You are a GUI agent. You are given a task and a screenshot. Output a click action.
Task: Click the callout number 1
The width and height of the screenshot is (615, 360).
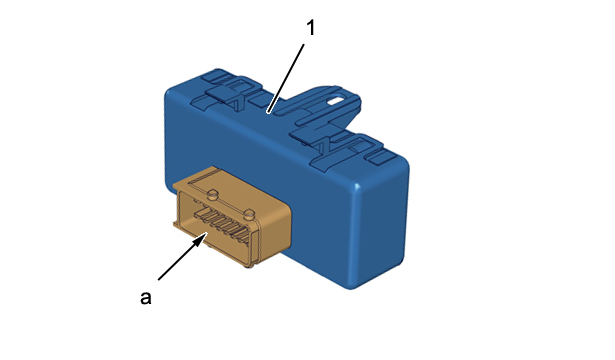(x=310, y=28)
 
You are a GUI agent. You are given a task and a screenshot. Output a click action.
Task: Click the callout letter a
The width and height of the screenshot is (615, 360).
(x=146, y=297)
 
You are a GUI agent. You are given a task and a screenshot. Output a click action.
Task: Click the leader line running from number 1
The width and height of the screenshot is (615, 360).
(x=286, y=78)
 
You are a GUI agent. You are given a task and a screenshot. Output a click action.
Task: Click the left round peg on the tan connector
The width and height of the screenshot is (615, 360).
(x=212, y=193)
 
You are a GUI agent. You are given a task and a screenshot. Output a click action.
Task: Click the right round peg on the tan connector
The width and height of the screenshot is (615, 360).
(x=249, y=214)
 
